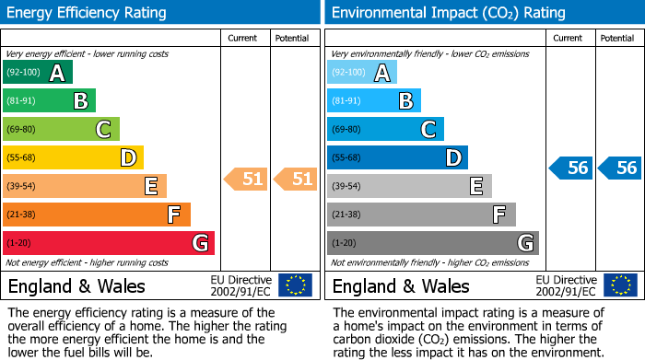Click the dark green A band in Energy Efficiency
[x=37, y=73]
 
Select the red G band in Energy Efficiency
[x=109, y=243]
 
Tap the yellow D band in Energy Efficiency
[x=73, y=158]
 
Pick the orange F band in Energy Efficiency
[x=97, y=215]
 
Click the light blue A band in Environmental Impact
[x=362, y=73]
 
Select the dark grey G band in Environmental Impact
[x=432, y=243]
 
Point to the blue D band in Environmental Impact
[x=397, y=158]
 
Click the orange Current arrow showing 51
[x=246, y=180]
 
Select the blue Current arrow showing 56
[x=570, y=168]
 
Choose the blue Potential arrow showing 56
[x=620, y=168]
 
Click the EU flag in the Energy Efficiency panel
[x=295, y=285]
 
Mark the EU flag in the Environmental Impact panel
[x=620, y=285]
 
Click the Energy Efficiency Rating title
[x=88, y=13]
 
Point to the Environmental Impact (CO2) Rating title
[x=448, y=13]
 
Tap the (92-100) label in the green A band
[x=23, y=73]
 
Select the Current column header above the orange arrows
[x=242, y=38]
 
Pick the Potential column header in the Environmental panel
[x=617, y=38]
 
